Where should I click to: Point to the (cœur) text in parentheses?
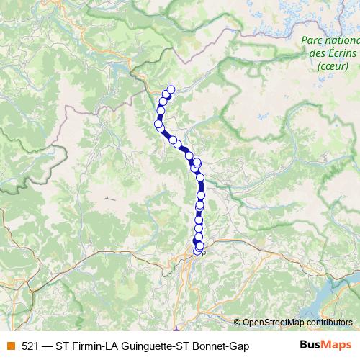(x=332, y=67)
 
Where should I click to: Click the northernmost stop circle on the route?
(x=171, y=89)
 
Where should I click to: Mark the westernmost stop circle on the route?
(x=158, y=125)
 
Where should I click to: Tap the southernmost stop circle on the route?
(x=198, y=251)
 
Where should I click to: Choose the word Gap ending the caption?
(x=240, y=346)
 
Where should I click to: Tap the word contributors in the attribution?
(x=328, y=323)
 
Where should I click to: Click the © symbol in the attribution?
(x=237, y=323)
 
